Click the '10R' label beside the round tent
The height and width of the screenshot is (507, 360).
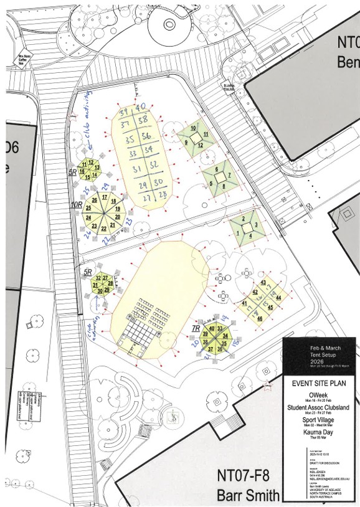point(77,204)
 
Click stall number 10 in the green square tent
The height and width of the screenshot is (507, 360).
point(194,128)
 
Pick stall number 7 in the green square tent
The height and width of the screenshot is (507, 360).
point(229,175)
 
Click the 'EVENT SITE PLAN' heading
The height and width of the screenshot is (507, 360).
point(319,383)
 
